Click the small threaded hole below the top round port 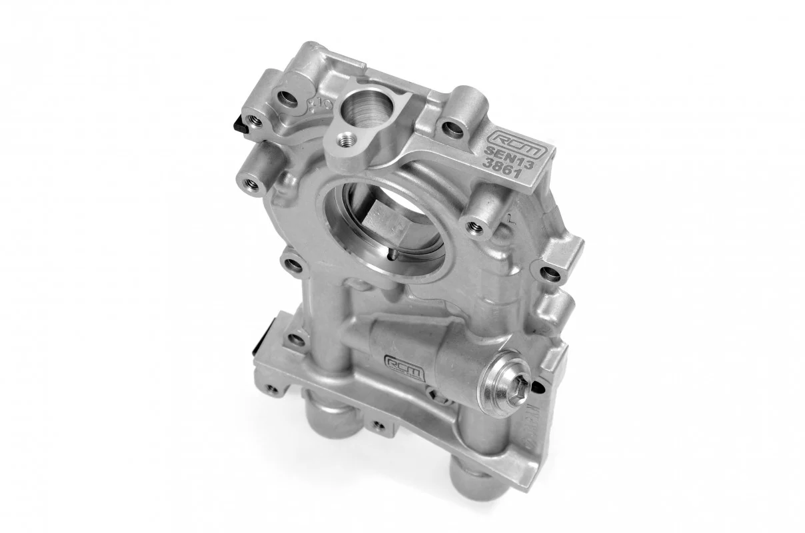[x=345, y=139]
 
